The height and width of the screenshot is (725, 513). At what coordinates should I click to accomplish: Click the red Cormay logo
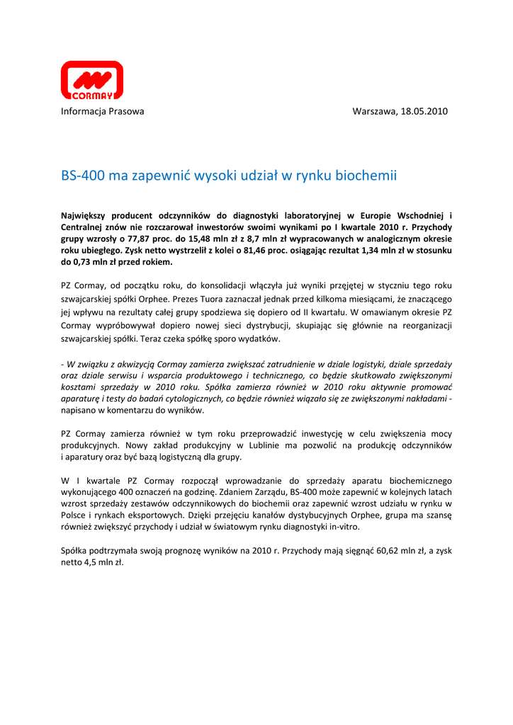(x=91, y=79)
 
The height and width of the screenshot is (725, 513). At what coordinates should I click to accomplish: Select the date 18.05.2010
(x=424, y=111)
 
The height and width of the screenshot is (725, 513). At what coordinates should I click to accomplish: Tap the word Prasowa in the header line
(x=124, y=111)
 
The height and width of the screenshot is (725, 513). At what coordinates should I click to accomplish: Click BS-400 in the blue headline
(x=82, y=175)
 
